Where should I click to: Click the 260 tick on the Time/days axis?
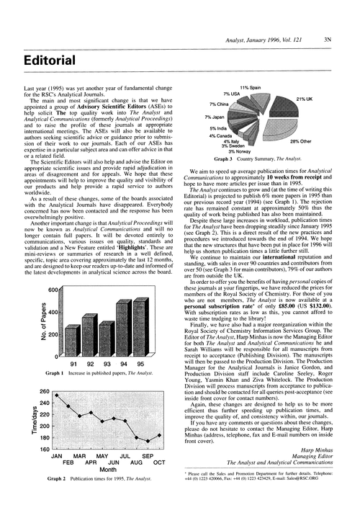click(x=42, y=383)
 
